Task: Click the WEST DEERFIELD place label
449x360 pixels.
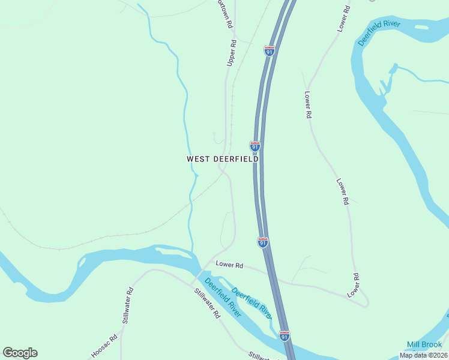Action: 223,159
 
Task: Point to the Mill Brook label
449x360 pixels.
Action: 424,344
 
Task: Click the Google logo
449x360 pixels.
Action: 20,353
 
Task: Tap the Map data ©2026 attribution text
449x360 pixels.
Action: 423,355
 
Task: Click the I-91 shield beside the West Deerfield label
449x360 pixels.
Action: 255,146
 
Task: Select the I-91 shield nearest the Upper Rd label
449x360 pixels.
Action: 270,51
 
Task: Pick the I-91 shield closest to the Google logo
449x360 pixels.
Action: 285,336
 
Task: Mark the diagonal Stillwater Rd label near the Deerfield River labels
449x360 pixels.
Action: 208,303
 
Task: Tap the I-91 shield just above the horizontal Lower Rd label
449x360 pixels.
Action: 262,242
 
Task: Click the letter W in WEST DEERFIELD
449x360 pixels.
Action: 190,159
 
